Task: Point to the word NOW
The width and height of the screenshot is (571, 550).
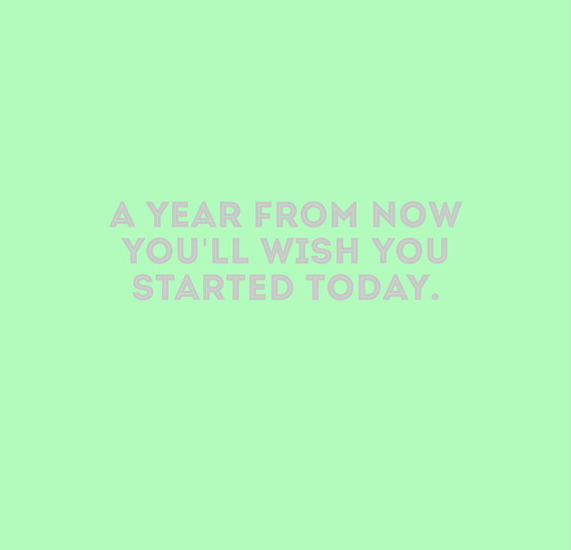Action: [x=417, y=214]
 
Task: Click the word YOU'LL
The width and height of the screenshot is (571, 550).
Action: [x=185, y=251]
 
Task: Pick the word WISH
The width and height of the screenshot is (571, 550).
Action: [x=309, y=251]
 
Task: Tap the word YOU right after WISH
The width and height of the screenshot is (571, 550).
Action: [x=409, y=251]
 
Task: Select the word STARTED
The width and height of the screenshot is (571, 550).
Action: [x=213, y=287]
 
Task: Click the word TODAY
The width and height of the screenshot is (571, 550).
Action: [x=368, y=287]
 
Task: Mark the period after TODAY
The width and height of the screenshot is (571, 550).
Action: [x=435, y=297]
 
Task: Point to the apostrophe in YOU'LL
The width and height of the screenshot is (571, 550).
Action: [x=205, y=242]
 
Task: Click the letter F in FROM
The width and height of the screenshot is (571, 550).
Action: [x=263, y=214]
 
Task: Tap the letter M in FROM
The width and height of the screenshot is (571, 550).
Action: [x=344, y=214]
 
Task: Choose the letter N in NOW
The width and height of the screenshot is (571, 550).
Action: [x=384, y=214]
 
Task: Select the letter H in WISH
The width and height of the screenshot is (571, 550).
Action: [x=347, y=251]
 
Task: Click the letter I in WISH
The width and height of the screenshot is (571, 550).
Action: [x=302, y=251]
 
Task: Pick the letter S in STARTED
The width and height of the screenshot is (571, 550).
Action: [x=142, y=288]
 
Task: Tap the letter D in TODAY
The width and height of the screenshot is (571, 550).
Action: [x=369, y=287]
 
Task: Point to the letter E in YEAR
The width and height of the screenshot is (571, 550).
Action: [x=180, y=214]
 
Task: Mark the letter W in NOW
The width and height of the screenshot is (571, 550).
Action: [x=445, y=214]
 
